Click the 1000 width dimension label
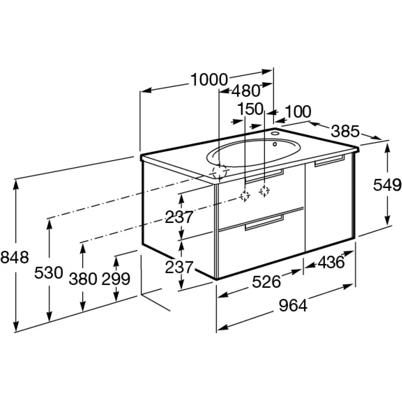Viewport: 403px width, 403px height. click(209, 80)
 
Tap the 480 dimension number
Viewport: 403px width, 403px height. click(245, 91)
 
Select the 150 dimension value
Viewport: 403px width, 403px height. click(251, 109)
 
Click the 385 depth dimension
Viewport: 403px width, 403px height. click(345, 131)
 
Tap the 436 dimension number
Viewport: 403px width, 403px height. click(331, 263)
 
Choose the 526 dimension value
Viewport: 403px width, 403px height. click(266, 282)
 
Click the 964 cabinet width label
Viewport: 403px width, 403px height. click(293, 306)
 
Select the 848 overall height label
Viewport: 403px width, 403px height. click(15, 258)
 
